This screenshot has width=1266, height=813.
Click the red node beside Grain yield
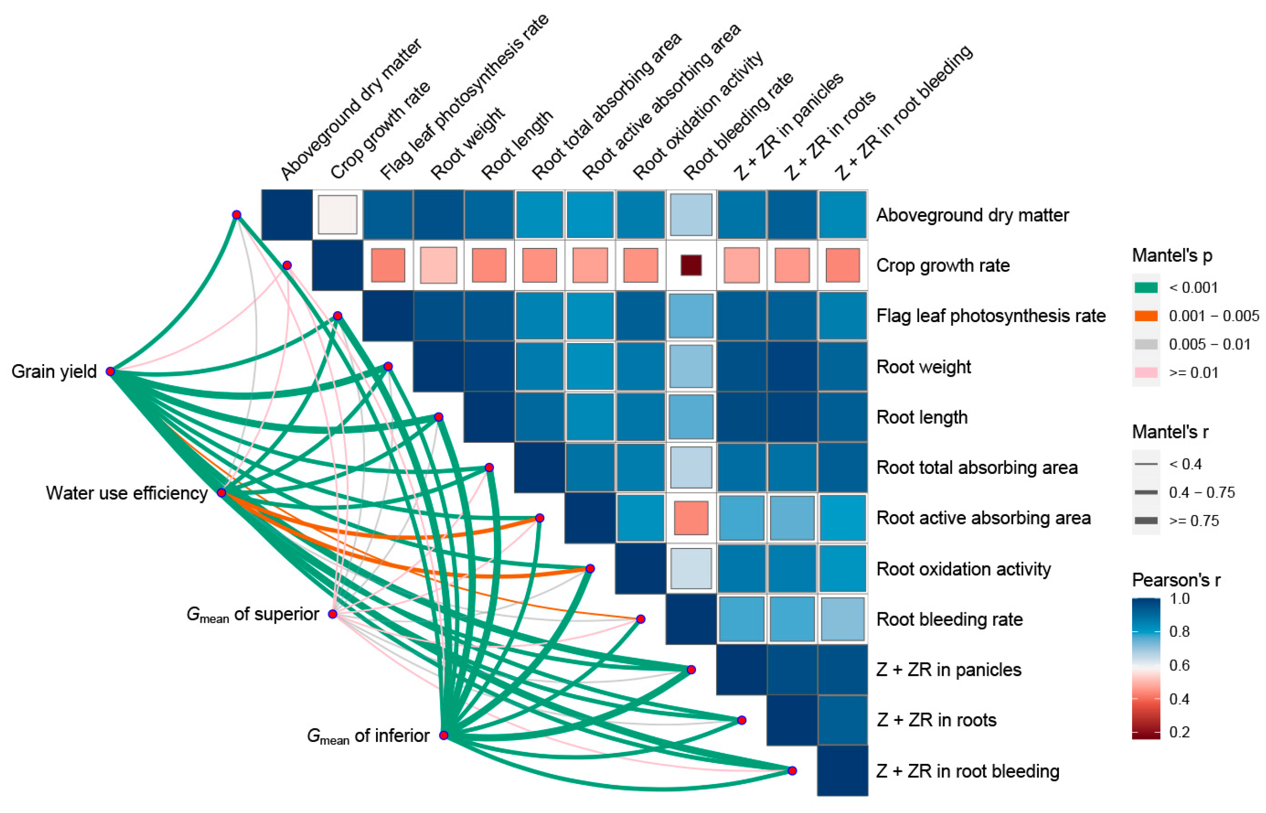pos(110,372)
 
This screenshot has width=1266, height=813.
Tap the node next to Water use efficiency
pos(222,492)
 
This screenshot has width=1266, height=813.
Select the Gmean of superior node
pos(332,614)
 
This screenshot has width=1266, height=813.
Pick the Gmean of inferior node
pos(444,735)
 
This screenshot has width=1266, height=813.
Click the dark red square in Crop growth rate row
pos(691,265)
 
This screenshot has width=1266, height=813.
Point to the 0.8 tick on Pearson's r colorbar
pos(1179,631)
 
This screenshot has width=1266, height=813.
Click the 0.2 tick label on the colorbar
pos(1179,732)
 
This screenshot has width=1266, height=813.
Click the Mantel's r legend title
pos(1170,432)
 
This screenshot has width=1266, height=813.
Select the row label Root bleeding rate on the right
pos(950,619)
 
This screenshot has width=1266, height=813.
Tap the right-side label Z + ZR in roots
pos(936,720)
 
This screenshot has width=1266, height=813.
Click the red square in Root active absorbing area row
pos(691,518)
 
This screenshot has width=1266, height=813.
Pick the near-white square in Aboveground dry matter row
pos(337,215)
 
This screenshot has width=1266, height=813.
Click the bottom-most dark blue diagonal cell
pos(842,771)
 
